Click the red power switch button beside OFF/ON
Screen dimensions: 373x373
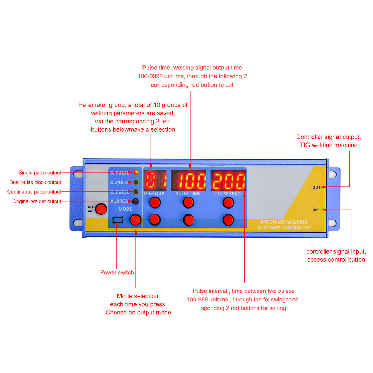coord(101,209)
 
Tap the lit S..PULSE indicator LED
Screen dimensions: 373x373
coord(136,172)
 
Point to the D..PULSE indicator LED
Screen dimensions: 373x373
coord(136,182)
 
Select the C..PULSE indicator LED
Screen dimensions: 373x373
coord(136,192)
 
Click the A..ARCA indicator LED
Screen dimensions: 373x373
coord(136,201)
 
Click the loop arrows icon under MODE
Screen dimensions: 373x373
coord(118,220)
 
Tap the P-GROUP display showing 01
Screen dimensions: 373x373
coord(155,180)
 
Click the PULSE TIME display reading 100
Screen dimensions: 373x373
coord(189,181)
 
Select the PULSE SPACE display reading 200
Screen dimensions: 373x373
coord(229,181)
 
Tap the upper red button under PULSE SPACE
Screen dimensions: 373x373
coord(228,203)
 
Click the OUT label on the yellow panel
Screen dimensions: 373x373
coord(316,188)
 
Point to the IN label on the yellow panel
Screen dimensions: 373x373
coord(315,210)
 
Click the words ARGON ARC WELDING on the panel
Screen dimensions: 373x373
coord(284,222)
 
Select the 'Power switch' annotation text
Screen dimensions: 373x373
coord(117,272)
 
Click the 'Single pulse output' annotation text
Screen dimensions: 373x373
coord(40,173)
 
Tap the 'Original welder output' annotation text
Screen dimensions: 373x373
coord(37,201)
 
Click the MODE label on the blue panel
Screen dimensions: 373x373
coord(125,209)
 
